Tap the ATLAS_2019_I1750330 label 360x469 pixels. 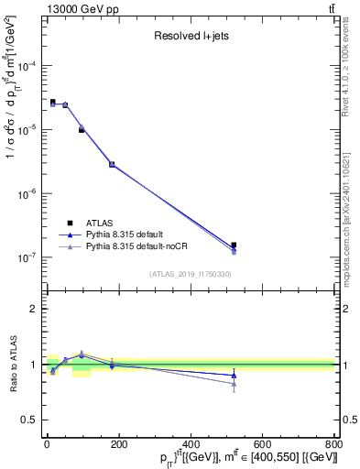point(191,274)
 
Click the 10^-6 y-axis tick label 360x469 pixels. point(27,193)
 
